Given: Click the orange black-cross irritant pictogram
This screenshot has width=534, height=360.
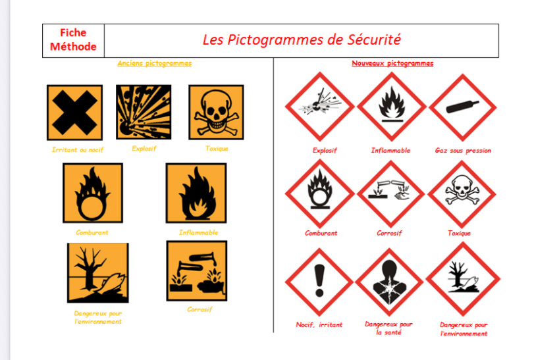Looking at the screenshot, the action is (74, 113).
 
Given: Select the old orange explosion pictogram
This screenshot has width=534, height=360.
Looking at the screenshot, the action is (144, 112).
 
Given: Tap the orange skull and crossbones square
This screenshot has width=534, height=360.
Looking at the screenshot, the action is (216, 113).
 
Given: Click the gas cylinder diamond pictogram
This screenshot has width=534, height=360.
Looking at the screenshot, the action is (462, 107).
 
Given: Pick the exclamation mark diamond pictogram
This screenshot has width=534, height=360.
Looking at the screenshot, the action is (319, 282).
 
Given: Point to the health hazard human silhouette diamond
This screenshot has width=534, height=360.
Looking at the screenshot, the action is (389, 282).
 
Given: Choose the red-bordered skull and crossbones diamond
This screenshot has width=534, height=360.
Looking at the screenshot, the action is (462, 194).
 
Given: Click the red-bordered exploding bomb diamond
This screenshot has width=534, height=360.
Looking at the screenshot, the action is (320, 107).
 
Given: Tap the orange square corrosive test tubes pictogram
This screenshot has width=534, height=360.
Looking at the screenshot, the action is (197, 271).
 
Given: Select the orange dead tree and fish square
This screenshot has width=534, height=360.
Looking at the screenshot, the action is (98, 273).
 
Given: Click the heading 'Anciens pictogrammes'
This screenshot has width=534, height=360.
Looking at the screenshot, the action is (155, 63).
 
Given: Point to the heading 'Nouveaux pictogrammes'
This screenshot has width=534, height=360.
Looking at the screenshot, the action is (392, 63).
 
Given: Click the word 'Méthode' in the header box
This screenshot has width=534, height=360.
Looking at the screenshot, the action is (73, 46).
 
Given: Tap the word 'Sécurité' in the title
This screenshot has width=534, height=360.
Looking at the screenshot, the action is (374, 39).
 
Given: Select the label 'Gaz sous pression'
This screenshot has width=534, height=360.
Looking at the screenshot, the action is (463, 151).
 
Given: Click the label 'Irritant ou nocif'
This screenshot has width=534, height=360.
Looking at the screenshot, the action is (78, 149).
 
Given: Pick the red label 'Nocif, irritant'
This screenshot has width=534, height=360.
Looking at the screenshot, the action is (319, 324).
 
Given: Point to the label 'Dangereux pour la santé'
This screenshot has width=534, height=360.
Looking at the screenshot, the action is (388, 328).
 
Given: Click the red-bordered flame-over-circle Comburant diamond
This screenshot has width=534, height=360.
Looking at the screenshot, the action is (320, 194).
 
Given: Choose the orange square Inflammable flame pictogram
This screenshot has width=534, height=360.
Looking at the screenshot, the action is (196, 193).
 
